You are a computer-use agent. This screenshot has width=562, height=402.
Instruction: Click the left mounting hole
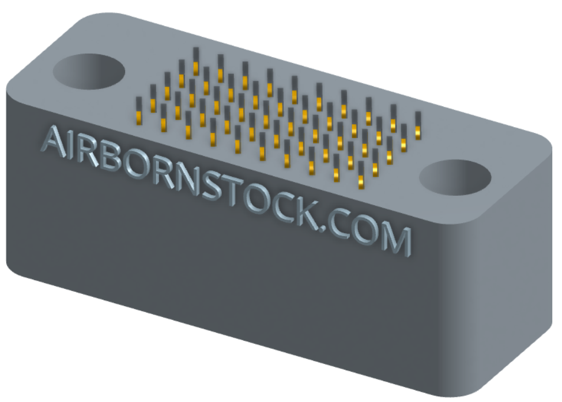pyautogui.click(x=89, y=73)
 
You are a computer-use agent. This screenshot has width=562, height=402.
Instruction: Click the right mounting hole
pyautogui.click(x=455, y=177)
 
